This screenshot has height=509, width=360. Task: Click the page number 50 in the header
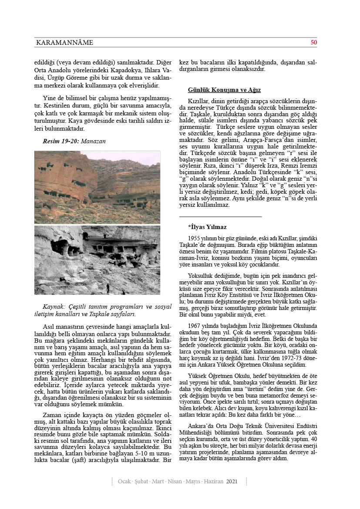pyautogui.click(x=313, y=43)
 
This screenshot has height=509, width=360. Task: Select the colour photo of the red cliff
pyautogui.click(x=97, y=187)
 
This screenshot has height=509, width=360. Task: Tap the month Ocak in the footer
pyautogui.click(x=125, y=482)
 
